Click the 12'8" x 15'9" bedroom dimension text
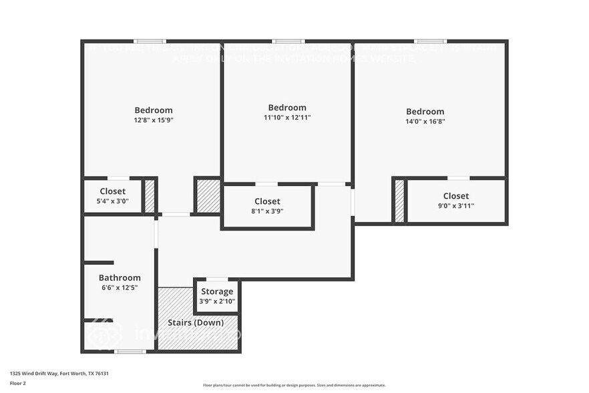(154, 120)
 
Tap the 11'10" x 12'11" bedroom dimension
(287, 118)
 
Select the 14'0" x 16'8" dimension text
(425, 122)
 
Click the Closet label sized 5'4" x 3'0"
(112, 191)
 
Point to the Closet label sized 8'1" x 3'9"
(267, 201)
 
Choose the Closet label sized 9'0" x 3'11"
(455, 196)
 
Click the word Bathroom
(120, 277)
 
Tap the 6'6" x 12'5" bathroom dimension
(120, 287)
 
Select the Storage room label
(217, 291)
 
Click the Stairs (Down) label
(198, 323)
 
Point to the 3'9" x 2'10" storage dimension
(217, 301)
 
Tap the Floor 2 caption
(17, 384)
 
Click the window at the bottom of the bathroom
(130, 351)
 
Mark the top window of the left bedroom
(150, 41)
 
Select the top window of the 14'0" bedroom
(430, 41)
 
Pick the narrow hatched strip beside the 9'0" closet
(399, 201)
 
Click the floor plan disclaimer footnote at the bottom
(294, 385)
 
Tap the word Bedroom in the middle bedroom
(287, 108)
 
